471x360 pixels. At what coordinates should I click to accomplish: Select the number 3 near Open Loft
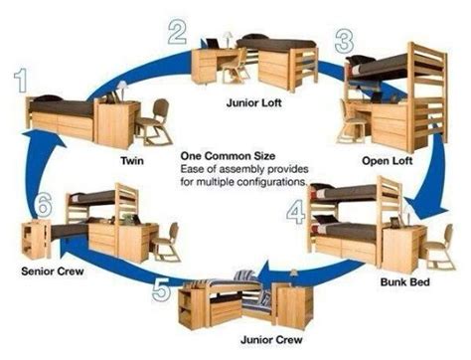tap(345, 42)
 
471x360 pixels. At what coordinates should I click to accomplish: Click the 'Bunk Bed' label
tap(406, 282)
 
